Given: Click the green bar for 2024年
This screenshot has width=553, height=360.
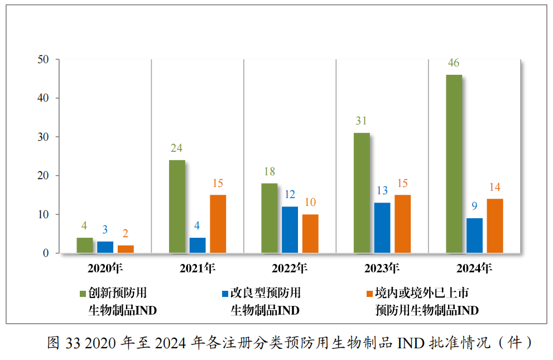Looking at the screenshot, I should pos(454,164).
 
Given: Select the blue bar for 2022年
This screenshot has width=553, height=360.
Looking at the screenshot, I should pos(290,230).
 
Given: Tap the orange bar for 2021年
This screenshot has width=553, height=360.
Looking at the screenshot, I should pos(218,224).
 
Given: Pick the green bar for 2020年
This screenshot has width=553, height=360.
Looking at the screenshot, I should pos(85,246).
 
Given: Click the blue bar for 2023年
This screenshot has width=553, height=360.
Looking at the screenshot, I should pos(382,228).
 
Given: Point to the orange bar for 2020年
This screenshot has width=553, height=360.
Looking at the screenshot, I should pos(126,249).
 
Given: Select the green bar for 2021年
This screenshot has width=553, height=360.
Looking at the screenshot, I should pos(177,207).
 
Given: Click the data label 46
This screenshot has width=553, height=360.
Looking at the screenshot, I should pos(454,63).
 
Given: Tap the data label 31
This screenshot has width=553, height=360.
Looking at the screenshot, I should pos(362,121).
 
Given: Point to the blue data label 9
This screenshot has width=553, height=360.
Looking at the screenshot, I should pos(474,206).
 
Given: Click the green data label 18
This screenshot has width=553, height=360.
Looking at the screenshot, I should pos(270,171).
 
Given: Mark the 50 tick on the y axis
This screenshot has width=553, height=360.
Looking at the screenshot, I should pos(44,59).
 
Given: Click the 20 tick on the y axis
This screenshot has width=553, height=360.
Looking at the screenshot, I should pos(44,175).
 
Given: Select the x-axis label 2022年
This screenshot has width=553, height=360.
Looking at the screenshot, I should pos(290,268).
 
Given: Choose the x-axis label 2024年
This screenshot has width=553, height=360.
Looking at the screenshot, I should pos(474,268).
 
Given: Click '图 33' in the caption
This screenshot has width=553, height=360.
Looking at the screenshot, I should pos(64,342).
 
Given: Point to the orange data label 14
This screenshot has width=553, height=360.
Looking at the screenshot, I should pos(495,186).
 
